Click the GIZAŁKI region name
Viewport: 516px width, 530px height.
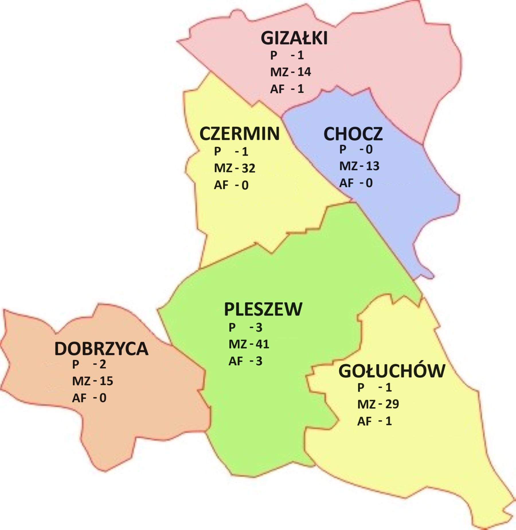click(294, 38)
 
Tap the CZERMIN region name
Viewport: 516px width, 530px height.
click(239, 134)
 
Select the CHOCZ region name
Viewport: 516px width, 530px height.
click(353, 134)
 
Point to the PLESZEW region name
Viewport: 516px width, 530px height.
click(263, 309)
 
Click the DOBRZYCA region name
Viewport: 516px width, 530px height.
click(101, 349)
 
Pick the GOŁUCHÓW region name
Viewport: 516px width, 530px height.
click(392, 371)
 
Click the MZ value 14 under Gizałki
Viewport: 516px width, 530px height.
click(304, 72)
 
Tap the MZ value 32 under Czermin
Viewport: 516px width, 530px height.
click(248, 168)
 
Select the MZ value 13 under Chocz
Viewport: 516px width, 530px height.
click(372, 166)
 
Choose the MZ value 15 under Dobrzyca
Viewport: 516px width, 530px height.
click(106, 381)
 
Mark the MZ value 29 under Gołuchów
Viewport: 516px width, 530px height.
click(392, 404)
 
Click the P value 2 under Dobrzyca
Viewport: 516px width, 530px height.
click(103, 364)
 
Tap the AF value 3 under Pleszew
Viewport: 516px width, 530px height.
click(259, 361)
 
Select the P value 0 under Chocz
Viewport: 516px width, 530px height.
click(369, 149)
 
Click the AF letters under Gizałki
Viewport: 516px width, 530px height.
click(277, 89)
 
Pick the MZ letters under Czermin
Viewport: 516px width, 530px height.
click(223, 168)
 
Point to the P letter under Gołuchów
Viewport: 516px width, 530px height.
click(361, 388)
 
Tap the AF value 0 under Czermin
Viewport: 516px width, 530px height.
click(245, 186)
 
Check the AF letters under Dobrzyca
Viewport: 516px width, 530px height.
click(79, 398)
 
